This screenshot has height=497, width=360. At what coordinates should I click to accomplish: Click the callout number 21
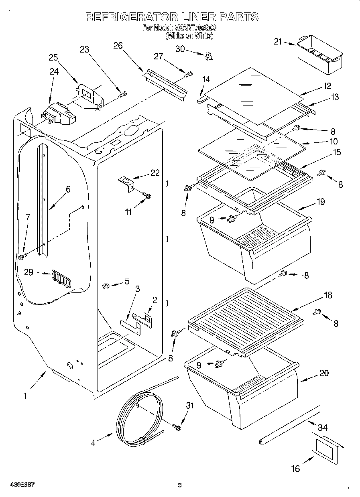point(278,41)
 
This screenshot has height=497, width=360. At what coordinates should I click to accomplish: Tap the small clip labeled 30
point(207,56)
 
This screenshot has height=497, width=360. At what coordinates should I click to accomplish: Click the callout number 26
point(118,45)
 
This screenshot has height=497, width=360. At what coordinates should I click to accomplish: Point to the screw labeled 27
point(188,74)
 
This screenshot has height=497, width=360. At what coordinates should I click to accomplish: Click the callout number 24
point(53,72)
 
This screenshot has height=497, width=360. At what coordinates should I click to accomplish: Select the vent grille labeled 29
point(60,278)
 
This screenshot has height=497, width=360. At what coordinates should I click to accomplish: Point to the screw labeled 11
point(147,196)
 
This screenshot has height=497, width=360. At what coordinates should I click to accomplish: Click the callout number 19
point(320,201)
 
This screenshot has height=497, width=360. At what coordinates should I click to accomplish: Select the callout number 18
point(328,295)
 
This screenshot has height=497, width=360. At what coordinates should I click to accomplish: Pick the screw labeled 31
point(176,427)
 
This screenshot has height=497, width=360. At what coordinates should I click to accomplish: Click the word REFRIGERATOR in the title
point(132,17)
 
